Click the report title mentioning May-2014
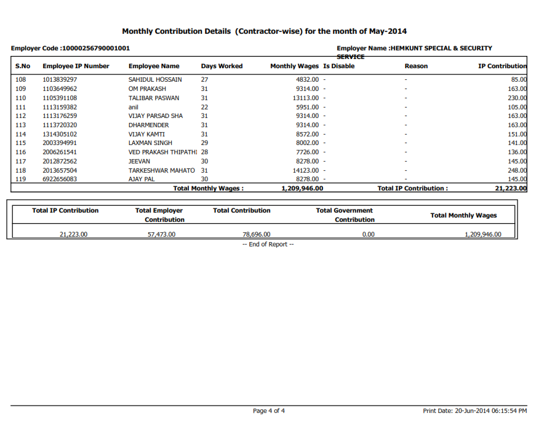coord(264,31)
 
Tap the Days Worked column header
coord(222,66)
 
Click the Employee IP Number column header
coord(76,66)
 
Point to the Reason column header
coord(416,66)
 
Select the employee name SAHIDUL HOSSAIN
coord(155,80)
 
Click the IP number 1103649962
coord(60,88)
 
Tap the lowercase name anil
coord(134,107)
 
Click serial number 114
coord(21,134)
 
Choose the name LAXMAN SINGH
coord(150,143)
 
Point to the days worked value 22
coord(204,107)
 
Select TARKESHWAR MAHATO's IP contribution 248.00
coord(517,170)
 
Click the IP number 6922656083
coord(60,179)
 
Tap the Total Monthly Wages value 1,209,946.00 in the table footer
coord(302,189)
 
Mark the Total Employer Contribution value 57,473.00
coord(161,234)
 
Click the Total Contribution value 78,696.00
coord(257,234)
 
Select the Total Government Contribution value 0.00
coord(368,234)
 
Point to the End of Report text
coord(268,245)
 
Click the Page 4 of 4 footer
coord(269,410)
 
